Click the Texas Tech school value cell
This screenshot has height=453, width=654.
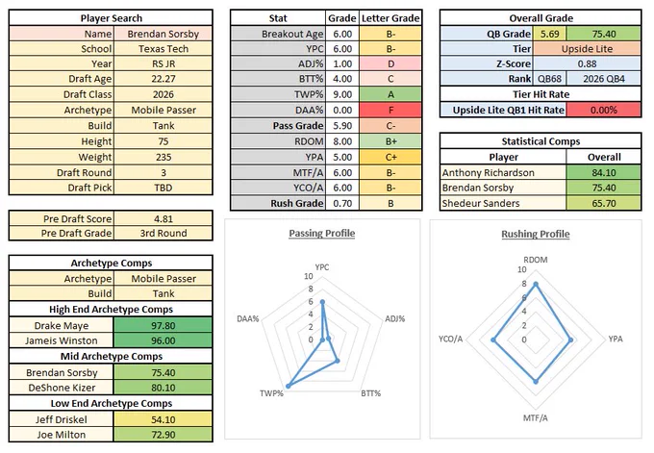tap(163, 49)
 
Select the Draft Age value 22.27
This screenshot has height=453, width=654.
tap(163, 79)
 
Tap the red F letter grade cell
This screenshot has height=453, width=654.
tap(390, 110)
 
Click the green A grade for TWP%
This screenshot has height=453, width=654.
tap(390, 94)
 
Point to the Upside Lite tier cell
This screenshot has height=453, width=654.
tap(587, 49)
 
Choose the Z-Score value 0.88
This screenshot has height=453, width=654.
tap(587, 63)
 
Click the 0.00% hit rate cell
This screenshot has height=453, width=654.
tap(604, 110)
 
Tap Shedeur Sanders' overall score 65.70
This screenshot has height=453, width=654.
tap(604, 203)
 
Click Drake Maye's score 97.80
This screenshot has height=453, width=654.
tap(163, 325)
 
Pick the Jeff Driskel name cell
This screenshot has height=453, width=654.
tap(61, 419)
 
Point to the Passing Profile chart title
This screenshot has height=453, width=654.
tap(322, 233)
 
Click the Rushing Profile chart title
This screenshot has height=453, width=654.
tap(536, 234)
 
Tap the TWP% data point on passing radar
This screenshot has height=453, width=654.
tap(289, 387)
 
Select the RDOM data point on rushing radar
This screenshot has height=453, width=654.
tap(536, 284)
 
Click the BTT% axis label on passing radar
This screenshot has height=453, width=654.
tap(371, 393)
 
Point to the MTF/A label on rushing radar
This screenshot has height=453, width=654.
tap(536, 418)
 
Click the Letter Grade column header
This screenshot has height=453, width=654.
tap(390, 18)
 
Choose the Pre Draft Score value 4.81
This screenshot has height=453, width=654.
tap(163, 219)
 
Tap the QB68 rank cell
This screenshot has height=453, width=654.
tap(550, 79)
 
